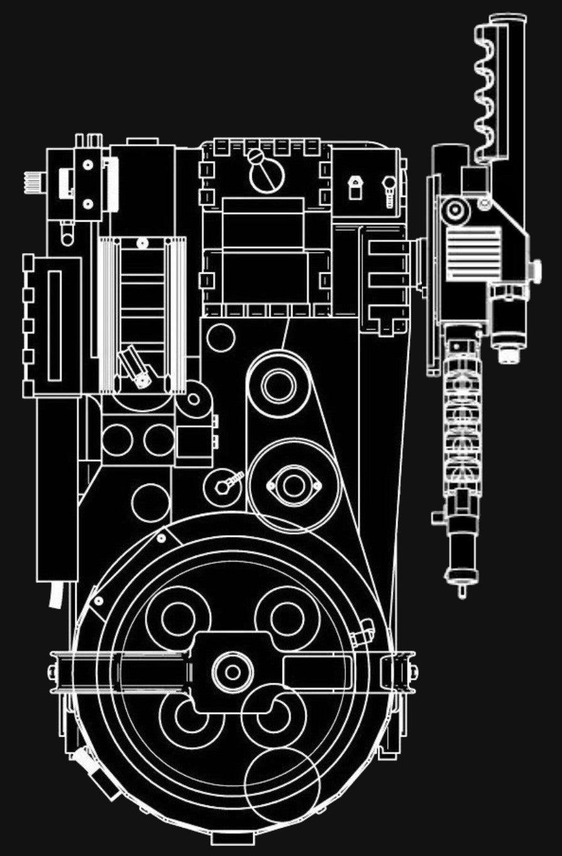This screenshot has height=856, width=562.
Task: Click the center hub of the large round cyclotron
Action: coord(232,673)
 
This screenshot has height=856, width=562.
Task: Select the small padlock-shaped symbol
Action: coord(355,188)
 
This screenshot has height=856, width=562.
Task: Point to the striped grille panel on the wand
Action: coord(473,252)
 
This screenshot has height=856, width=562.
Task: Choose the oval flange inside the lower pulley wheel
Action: coord(293,485)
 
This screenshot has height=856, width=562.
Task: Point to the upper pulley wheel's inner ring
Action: coord(278,385)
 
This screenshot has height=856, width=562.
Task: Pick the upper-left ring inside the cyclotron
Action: coord(178,618)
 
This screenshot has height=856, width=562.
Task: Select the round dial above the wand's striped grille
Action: coord(455,211)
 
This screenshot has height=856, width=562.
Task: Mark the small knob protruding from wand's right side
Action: coord(536,271)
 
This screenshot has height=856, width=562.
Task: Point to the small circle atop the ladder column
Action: coord(142,242)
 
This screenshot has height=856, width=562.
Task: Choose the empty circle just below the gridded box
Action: coord(220,337)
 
